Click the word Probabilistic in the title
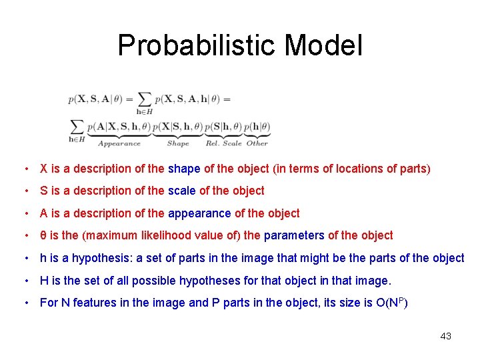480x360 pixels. click(x=197, y=45)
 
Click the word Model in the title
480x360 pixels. click(x=323, y=45)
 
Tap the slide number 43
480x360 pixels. click(x=446, y=336)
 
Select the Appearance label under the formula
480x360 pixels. click(x=119, y=143)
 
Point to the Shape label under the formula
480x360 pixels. click(x=178, y=143)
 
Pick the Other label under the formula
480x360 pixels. click(x=257, y=143)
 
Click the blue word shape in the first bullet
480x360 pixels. click(x=184, y=169)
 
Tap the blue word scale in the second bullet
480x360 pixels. click(x=182, y=191)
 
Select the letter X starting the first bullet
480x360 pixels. click(x=44, y=169)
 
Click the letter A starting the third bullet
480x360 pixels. click(x=44, y=213)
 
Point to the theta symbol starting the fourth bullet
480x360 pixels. click(x=43, y=235)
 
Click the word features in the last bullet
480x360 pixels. click(x=95, y=303)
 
